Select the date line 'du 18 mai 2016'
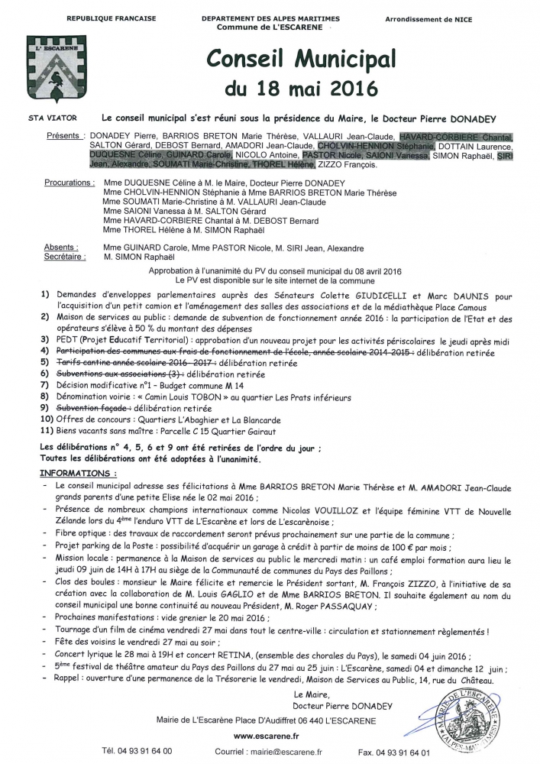(290, 88)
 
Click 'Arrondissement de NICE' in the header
(441, 18)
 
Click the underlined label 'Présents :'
(64, 135)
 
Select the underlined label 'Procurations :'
(70, 183)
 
